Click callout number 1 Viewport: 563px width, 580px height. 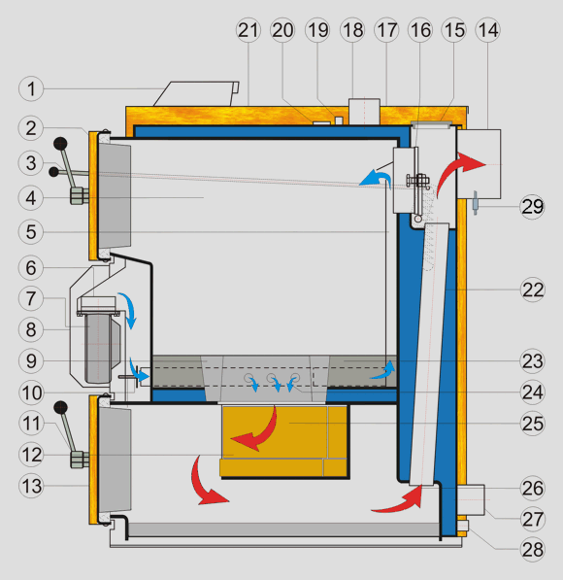(31, 88)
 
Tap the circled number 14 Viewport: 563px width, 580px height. (488, 30)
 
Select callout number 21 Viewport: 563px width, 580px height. (248, 30)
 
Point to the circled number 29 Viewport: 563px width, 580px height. (532, 206)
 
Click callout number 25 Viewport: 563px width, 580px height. (532, 424)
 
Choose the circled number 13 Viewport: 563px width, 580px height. (31, 486)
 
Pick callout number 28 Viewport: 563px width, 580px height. (532, 549)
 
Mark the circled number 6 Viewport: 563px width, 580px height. (31, 268)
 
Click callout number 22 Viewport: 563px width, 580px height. (532, 290)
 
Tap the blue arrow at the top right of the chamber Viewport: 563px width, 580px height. (377, 177)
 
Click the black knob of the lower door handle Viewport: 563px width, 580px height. (60, 408)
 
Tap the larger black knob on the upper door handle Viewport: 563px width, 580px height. (60, 144)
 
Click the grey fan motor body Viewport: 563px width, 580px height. (98, 349)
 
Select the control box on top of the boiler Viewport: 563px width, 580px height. (197, 94)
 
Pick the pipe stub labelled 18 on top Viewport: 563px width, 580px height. (364, 112)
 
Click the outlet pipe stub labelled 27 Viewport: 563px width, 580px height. (471, 499)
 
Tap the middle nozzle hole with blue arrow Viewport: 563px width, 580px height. (272, 378)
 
